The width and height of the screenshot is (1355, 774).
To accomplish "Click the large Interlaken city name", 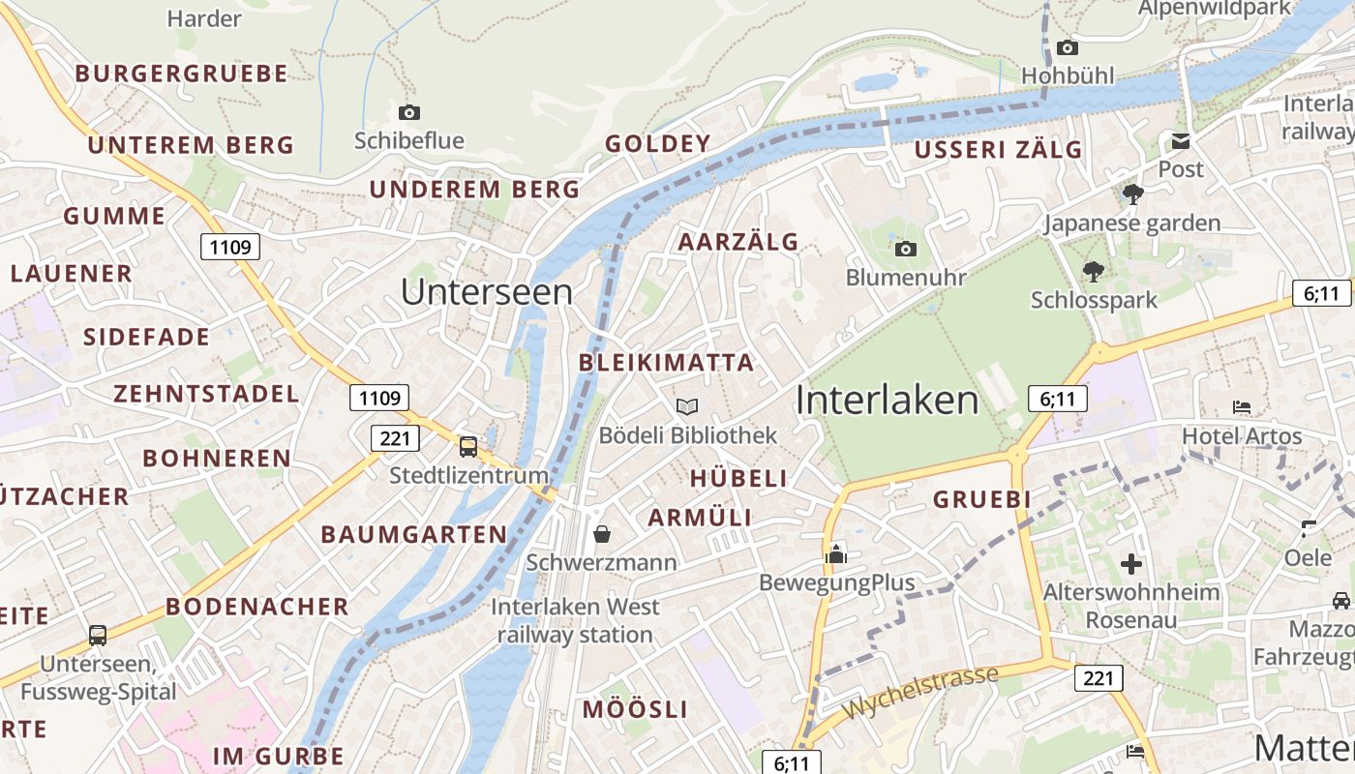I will tap(887, 401).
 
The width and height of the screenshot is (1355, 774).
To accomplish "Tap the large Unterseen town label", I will tap(486, 292).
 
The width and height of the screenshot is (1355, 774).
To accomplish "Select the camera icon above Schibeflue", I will tap(409, 112).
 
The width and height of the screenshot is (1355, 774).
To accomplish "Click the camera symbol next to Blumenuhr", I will tap(905, 250).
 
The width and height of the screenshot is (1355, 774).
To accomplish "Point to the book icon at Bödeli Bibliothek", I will tap(687, 406).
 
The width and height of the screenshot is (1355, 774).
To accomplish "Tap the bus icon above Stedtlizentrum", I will tap(468, 446).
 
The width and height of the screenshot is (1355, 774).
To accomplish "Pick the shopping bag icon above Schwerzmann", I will tap(602, 533).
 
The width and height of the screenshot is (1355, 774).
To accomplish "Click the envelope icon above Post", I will tap(1181, 142).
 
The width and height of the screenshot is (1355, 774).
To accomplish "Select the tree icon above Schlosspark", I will tap(1094, 272).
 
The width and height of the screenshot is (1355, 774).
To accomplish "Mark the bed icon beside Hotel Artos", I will tap(1242, 407).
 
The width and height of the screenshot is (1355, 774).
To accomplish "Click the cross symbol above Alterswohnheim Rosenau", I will tap(1131, 563).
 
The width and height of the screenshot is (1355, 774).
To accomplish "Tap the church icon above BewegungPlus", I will tap(836, 554).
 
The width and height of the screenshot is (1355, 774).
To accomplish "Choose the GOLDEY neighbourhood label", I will tap(658, 144).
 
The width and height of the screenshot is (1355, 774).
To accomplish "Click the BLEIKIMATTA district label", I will tap(665, 363).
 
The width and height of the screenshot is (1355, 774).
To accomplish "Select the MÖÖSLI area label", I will tap(635, 709).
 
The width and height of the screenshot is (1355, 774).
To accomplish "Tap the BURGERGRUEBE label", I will tap(182, 74).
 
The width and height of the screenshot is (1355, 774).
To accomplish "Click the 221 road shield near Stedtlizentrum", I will tap(395, 438).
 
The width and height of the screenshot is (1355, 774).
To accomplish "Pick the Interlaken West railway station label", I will tap(575, 621).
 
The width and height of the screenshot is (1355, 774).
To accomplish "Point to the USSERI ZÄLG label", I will tap(998, 150).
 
